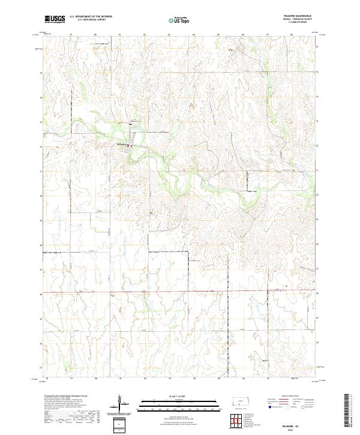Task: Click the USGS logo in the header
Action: (55, 19)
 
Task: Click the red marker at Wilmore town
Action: (128, 145)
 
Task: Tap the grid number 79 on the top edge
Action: (71, 34)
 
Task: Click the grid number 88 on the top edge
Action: (292, 34)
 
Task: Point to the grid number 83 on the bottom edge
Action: (169, 378)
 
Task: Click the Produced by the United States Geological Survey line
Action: (66, 395)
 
